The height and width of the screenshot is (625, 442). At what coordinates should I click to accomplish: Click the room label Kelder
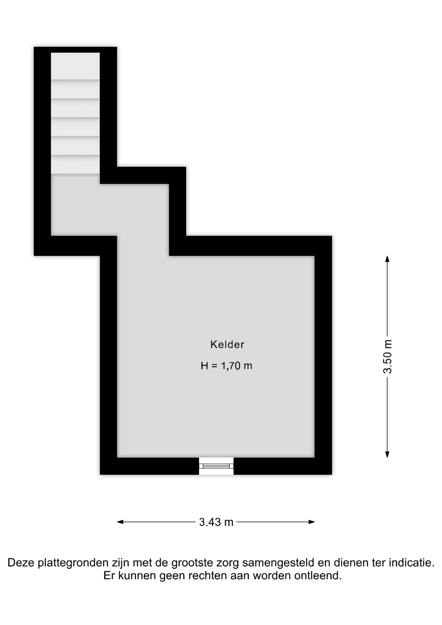pyautogui.click(x=227, y=344)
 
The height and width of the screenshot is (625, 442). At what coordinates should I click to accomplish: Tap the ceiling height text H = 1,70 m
pyautogui.click(x=227, y=366)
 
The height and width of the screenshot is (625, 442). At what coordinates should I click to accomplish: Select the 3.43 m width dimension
pyautogui.click(x=216, y=522)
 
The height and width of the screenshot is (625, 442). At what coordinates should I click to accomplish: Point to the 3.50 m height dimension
pyautogui.click(x=387, y=357)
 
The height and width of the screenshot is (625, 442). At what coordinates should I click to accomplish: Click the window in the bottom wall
pyautogui.click(x=216, y=466)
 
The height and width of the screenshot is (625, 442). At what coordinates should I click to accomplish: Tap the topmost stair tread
pyautogui.click(x=75, y=66)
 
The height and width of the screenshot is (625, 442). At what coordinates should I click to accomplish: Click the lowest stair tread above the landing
pyautogui.click(x=75, y=165)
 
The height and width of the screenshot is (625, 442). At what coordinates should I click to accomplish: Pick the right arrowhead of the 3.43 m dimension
pyautogui.click(x=312, y=522)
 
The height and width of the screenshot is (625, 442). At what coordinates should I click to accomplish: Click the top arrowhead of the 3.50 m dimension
pyautogui.click(x=387, y=259)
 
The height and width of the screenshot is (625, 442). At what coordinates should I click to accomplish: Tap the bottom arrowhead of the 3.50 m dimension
pyautogui.click(x=387, y=454)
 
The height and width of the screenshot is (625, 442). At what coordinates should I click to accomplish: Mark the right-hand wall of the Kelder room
pyautogui.click(x=323, y=355)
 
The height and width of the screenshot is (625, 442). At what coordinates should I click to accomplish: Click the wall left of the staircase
pyautogui.click(x=42, y=151)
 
